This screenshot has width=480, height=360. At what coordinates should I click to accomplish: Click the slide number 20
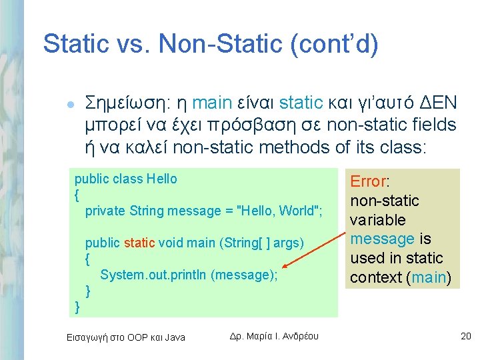click(465, 336)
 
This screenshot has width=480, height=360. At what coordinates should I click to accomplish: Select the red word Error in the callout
click(368, 181)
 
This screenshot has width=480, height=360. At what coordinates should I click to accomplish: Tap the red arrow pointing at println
click(313, 249)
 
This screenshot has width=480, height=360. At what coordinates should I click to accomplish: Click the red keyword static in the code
click(139, 243)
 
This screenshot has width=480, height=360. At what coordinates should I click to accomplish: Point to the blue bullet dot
click(71, 105)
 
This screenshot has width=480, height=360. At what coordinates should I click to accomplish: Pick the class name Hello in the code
click(161, 179)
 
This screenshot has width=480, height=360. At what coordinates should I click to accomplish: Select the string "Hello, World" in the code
click(278, 211)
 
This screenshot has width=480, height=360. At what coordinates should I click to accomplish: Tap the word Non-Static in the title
click(220, 43)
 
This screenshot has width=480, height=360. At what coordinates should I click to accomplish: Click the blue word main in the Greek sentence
click(212, 103)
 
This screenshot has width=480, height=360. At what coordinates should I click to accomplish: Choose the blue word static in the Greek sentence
click(301, 103)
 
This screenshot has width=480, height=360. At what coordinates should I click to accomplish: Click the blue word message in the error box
click(383, 239)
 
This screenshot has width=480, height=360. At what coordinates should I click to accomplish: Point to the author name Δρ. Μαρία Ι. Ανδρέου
click(274, 336)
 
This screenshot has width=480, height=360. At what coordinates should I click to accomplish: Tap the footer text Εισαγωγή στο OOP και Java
click(126, 337)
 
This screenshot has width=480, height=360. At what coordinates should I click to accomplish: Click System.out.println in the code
click(153, 275)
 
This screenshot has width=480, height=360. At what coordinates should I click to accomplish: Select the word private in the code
click(105, 211)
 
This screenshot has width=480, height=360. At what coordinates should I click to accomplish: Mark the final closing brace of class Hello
click(77, 307)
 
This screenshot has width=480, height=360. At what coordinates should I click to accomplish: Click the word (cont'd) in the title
click(334, 44)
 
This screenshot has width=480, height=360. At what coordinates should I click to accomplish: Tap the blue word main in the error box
click(429, 277)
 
